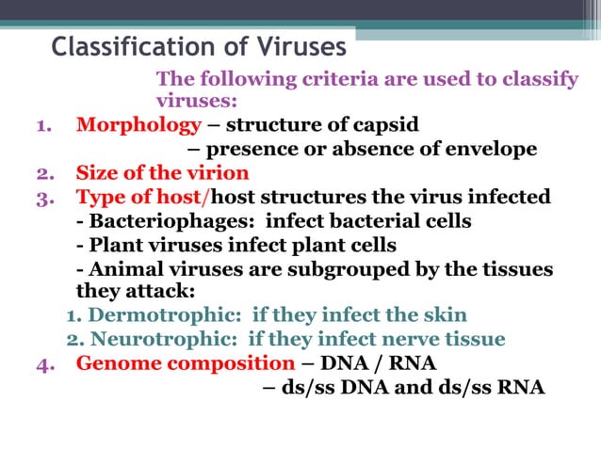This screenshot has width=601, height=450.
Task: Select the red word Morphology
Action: (x=138, y=125)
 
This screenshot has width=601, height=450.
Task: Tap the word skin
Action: (x=443, y=315)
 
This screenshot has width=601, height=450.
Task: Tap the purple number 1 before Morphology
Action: (x=43, y=126)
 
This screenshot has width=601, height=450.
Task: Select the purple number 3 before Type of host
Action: (x=43, y=198)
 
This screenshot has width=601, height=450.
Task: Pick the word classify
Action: (x=539, y=79)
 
